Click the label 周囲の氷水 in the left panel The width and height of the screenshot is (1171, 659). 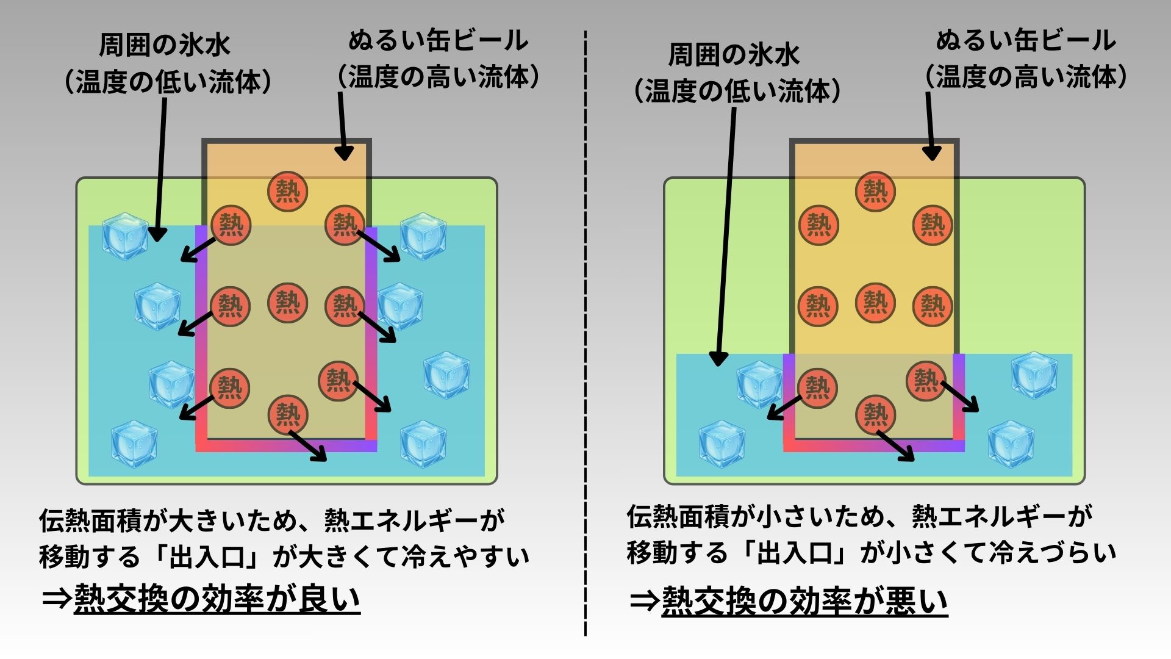click(165, 45)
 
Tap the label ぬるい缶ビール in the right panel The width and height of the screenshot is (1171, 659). click(1026, 41)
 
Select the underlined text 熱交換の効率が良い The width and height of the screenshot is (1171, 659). click(217, 599)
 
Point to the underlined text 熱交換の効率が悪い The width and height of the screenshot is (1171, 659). click(804, 602)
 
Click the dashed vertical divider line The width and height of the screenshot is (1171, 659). click(585, 329)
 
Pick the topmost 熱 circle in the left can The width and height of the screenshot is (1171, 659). click(287, 191)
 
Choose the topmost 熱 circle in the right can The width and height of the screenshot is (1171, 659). click(875, 191)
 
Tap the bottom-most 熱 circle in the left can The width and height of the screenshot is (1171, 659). click(288, 415)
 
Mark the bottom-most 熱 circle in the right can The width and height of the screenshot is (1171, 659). click(875, 415)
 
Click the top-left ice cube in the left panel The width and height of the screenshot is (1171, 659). click(125, 236)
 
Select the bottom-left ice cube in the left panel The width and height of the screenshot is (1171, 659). click(134, 444)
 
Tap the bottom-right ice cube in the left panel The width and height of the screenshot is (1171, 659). click(423, 444)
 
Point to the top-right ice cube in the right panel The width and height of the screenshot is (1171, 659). click(1034, 375)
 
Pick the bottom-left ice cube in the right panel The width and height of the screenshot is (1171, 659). click(722, 444)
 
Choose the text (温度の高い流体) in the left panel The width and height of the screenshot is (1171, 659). click(439, 77)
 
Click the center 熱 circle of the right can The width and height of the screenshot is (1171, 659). click(875, 303)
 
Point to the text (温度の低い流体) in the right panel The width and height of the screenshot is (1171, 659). click(737, 92)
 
